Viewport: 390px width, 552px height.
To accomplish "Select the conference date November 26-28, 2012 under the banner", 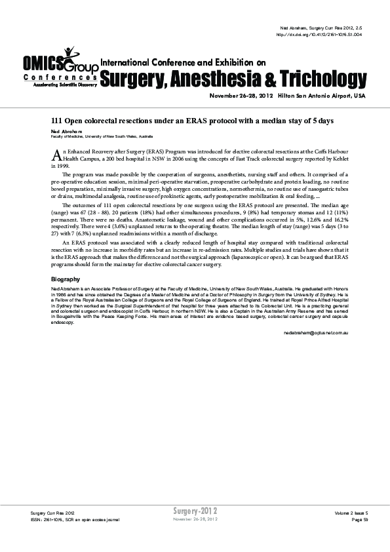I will [241, 96].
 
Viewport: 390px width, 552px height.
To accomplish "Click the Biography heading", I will [64, 280].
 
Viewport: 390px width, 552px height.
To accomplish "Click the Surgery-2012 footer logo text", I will [195, 510].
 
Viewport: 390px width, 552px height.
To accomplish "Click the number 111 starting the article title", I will [57, 121].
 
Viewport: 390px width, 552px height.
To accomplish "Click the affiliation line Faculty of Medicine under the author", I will [102, 136].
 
